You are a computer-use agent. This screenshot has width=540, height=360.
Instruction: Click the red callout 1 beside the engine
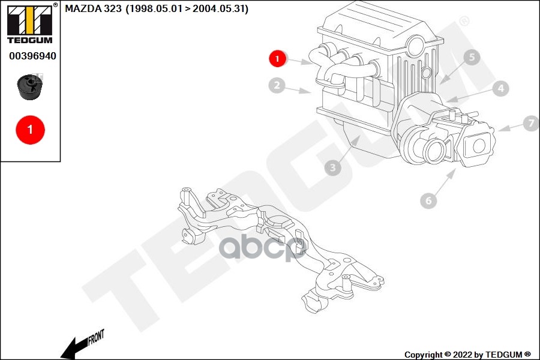pyautogui.click(x=277, y=58)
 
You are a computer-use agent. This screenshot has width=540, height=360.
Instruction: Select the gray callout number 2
pyautogui.click(x=276, y=86)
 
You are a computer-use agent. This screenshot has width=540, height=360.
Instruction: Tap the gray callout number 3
pyautogui.click(x=332, y=168)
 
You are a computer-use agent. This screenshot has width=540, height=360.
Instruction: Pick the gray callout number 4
pyautogui.click(x=500, y=89)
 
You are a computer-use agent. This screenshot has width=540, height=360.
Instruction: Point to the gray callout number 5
pyautogui.click(x=472, y=58)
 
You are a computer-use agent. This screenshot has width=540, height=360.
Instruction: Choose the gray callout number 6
pyautogui.click(x=428, y=201)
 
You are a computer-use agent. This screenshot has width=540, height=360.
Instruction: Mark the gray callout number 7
pyautogui.click(x=530, y=124)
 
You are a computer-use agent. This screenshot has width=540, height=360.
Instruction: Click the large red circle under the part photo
pyautogui.click(x=30, y=129)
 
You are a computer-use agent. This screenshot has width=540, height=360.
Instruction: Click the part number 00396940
pyautogui.click(x=32, y=56)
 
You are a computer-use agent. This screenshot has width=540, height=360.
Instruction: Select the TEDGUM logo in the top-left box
pyautogui.click(x=29, y=24)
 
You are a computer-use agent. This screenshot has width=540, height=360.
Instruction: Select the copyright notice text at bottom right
pyautogui.click(x=467, y=355)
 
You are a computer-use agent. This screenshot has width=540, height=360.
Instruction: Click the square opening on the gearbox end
pyautogui.click(x=479, y=145)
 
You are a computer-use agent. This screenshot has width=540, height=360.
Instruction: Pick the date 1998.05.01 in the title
pyautogui.click(x=152, y=9)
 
